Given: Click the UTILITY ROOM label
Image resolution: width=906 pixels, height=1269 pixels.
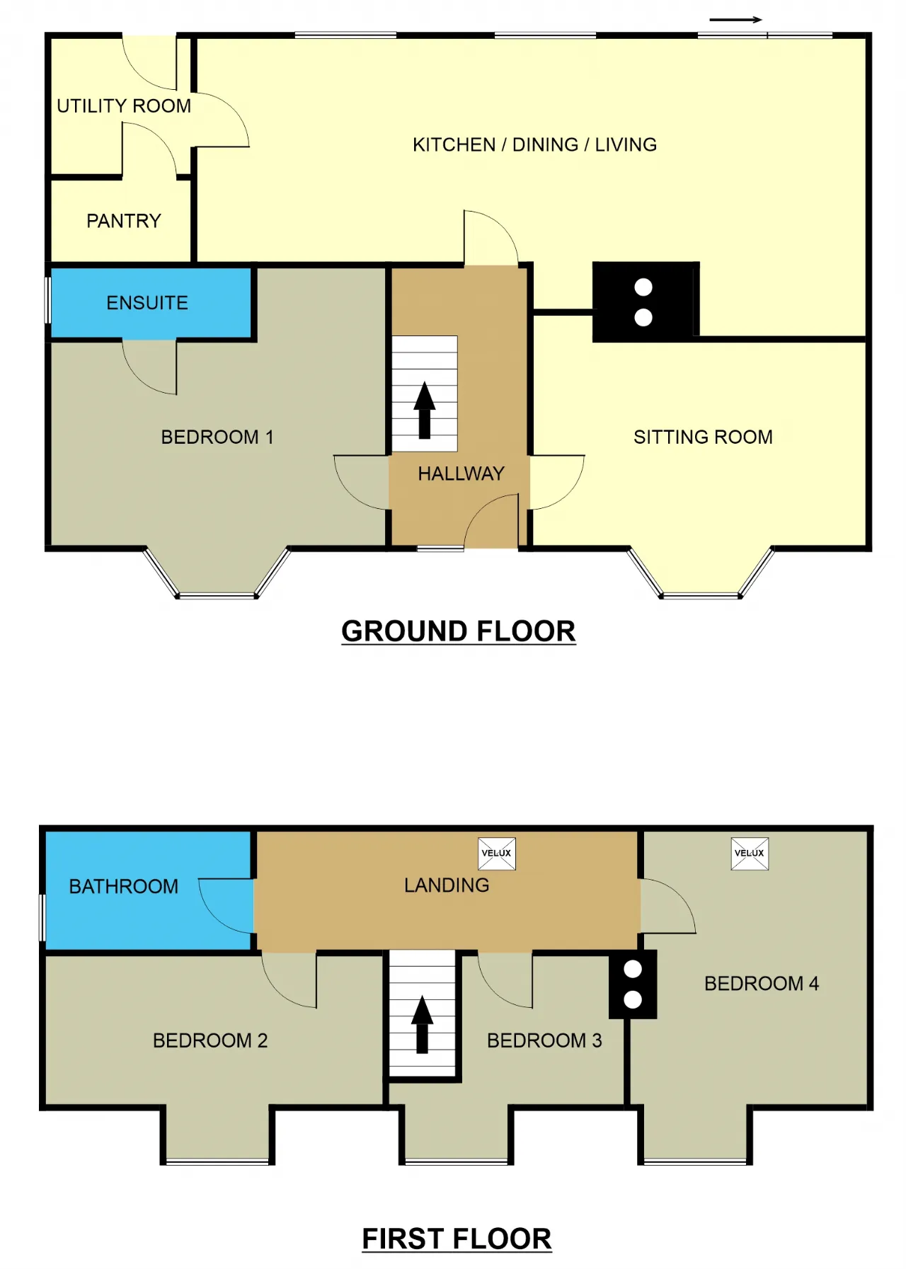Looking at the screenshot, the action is click(124, 106).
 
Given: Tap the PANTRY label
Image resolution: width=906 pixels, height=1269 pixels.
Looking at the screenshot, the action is click(124, 221).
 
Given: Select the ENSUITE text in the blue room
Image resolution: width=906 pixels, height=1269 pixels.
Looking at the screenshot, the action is click(147, 303).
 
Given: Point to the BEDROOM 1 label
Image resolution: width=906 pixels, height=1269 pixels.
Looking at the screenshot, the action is click(217, 437).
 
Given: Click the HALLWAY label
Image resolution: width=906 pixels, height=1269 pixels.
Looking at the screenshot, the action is click(461, 473).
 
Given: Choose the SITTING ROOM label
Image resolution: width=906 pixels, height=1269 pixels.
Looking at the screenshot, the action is click(703, 437).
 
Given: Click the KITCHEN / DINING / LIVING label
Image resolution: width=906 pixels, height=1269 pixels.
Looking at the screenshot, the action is click(535, 144).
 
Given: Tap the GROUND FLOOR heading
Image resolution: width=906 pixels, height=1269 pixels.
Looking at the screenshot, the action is click(459, 631).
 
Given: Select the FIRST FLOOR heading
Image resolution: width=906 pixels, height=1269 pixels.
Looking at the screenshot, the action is click(457, 1239).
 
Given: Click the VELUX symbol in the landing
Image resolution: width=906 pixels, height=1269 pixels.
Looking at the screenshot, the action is click(497, 854).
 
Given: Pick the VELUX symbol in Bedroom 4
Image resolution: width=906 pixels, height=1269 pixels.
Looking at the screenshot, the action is click(750, 854).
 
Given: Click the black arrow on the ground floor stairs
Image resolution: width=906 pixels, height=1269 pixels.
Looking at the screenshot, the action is click(425, 410).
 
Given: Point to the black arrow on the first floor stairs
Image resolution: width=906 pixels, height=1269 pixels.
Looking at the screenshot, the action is click(423, 1025).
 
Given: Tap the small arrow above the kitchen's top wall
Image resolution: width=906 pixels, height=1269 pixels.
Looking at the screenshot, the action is click(736, 20).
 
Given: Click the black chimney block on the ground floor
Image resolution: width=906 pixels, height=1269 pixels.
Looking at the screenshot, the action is click(646, 302).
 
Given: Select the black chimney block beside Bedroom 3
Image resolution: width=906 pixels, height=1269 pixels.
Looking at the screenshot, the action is click(633, 984).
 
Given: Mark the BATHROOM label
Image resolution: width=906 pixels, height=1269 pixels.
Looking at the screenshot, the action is click(124, 886).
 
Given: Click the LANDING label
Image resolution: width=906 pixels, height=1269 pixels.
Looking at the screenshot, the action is click(447, 885).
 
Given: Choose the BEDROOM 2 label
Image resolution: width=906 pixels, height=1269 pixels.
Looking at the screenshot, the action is click(210, 1040).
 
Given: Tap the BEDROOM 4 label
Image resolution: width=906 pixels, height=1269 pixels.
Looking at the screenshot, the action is click(762, 983).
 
